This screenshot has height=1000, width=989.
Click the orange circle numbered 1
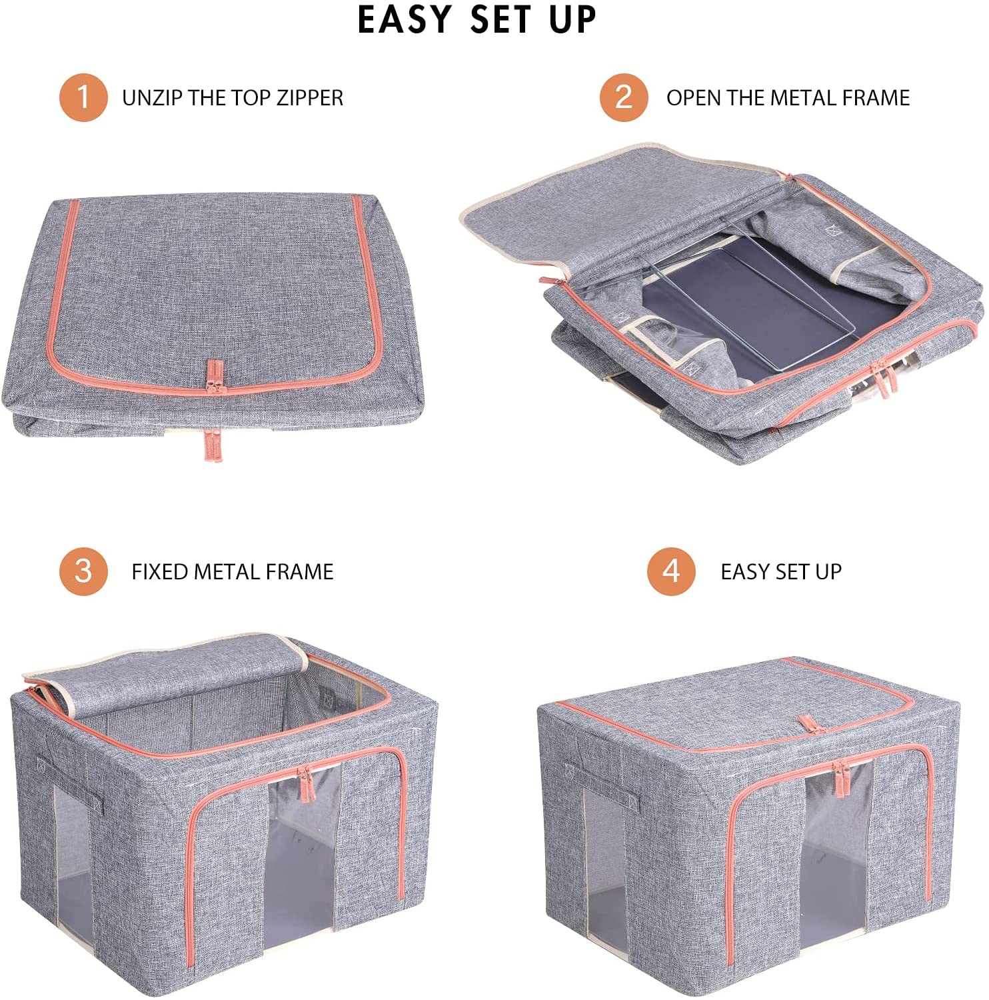coord(83,97)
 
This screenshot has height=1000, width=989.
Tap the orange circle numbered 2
coord(624,97)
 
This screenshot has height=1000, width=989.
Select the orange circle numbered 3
coord(83,571)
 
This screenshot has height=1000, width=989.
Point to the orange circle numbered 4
coord(672,571)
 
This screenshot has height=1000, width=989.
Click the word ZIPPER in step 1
coord(310,98)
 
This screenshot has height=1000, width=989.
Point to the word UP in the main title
coord(572,19)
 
